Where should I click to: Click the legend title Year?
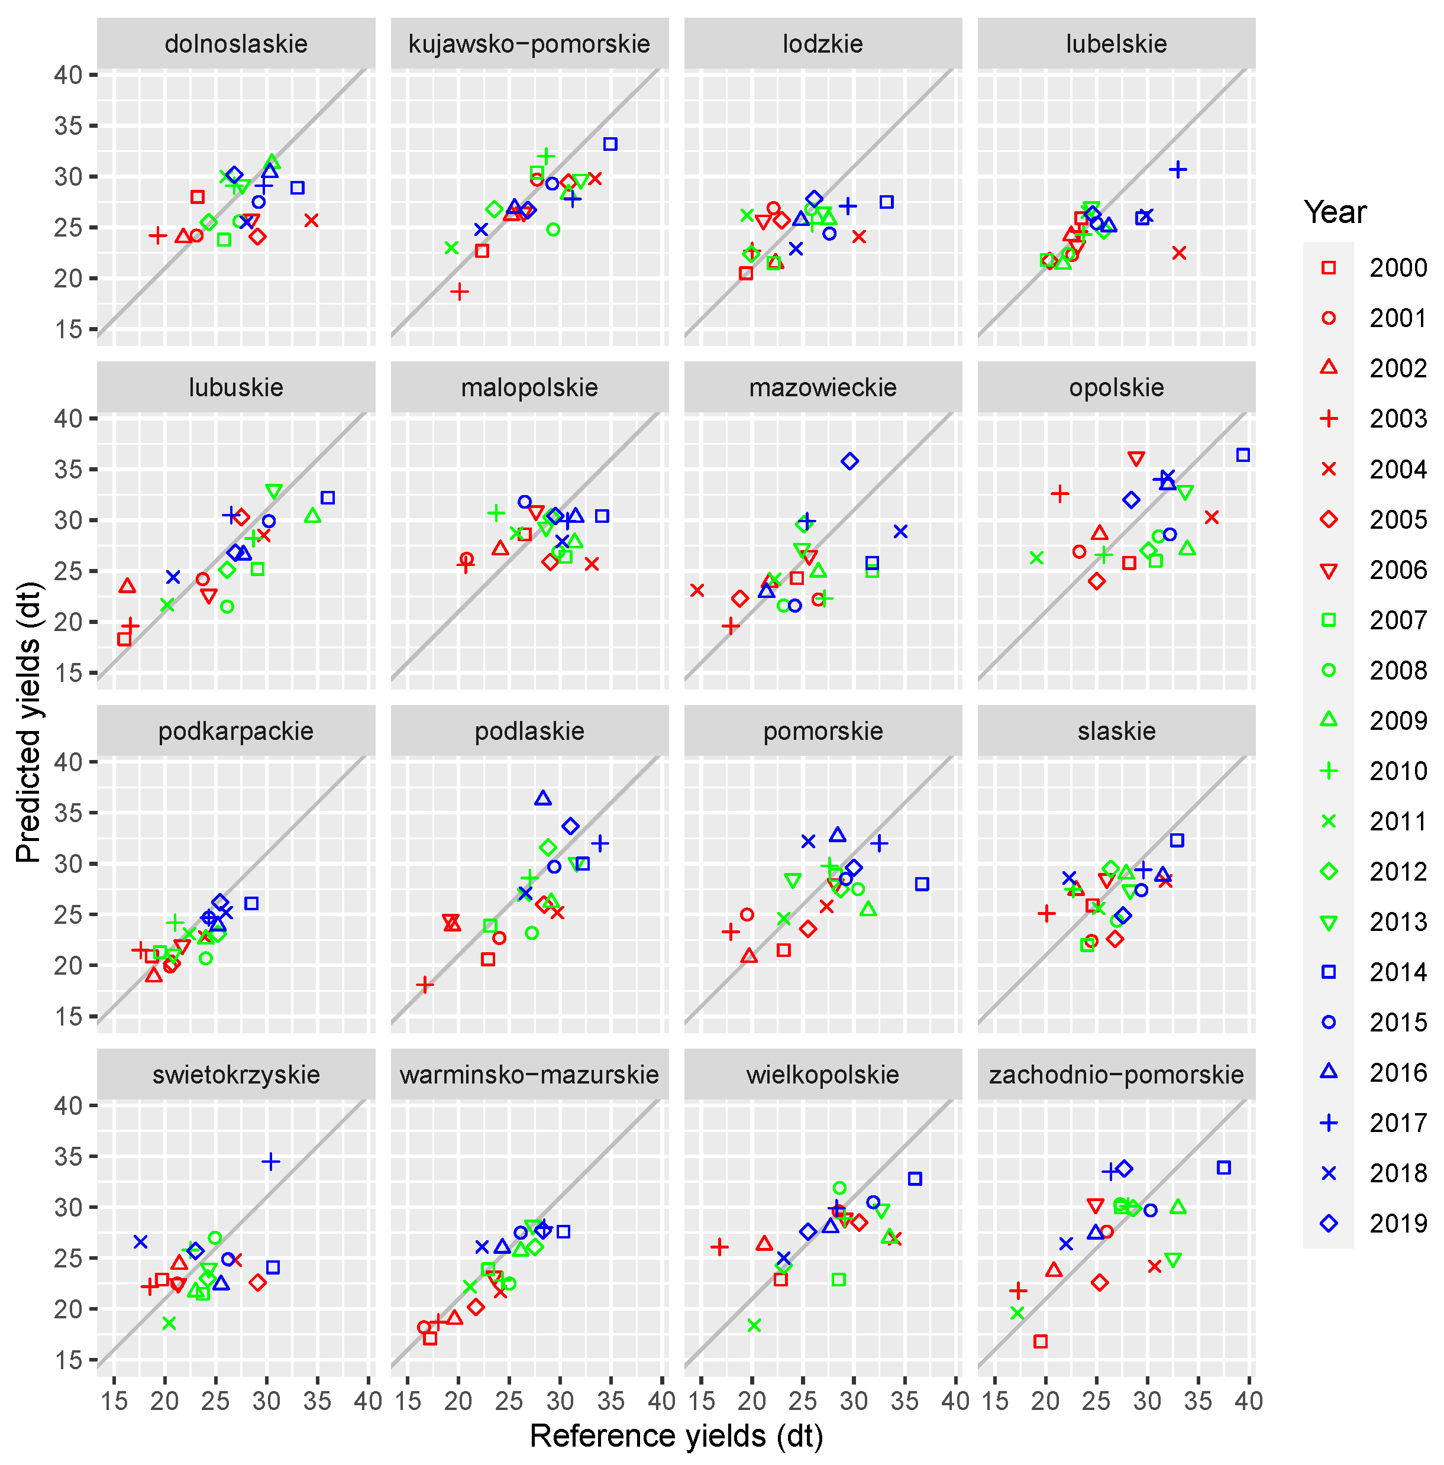[x=1335, y=212]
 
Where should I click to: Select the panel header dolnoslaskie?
[x=236, y=44]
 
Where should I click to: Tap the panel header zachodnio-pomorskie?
[x=1116, y=1075]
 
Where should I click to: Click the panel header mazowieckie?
[x=823, y=387]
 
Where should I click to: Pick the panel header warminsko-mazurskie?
[x=529, y=1075]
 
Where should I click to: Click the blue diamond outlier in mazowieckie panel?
[x=849, y=461]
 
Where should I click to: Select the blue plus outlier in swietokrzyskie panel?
[x=271, y=1161]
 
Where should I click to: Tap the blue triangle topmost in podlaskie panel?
[x=542, y=798]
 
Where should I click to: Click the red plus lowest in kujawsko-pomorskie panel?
[x=459, y=291]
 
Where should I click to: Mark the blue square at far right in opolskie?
[x=1242, y=455]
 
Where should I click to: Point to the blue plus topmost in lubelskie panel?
[x=1177, y=169]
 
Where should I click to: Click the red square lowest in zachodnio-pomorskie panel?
[x=1041, y=1341]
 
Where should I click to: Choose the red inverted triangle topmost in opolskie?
[x=1135, y=459]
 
